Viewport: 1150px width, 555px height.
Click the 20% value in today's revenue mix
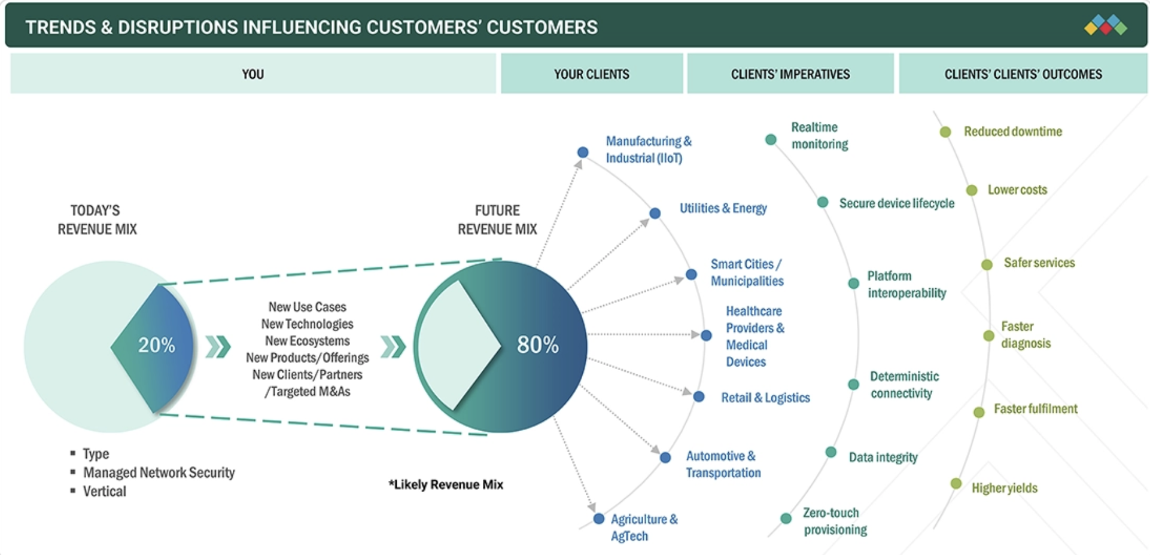[157, 345]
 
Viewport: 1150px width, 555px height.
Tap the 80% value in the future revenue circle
[538, 344]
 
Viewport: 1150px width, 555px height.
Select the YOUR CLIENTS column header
[592, 74]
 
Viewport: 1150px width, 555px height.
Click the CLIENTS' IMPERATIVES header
[790, 74]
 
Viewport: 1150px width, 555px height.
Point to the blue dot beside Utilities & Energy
[655, 214]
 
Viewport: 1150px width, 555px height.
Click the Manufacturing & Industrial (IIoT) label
[649, 150]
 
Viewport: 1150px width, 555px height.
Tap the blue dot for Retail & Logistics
[699, 397]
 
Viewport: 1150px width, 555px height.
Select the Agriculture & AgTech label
[644, 527]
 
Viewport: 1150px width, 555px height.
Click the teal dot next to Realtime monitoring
[771, 139]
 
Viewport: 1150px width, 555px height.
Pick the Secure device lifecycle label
[897, 203]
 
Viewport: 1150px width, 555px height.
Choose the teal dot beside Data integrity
[831, 452]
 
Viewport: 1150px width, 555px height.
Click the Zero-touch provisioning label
[835, 521]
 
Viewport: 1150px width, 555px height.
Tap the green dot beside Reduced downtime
[945, 132]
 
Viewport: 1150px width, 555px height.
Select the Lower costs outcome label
[1017, 190]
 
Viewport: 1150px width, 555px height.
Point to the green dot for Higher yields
[956, 483]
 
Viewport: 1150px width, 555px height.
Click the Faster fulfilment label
[1035, 408]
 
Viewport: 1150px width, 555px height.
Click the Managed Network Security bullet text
[159, 472]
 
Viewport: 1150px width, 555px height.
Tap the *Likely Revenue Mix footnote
[446, 484]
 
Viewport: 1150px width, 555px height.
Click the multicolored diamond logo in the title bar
[1106, 26]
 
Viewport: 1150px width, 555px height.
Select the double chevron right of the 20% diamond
[218, 347]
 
